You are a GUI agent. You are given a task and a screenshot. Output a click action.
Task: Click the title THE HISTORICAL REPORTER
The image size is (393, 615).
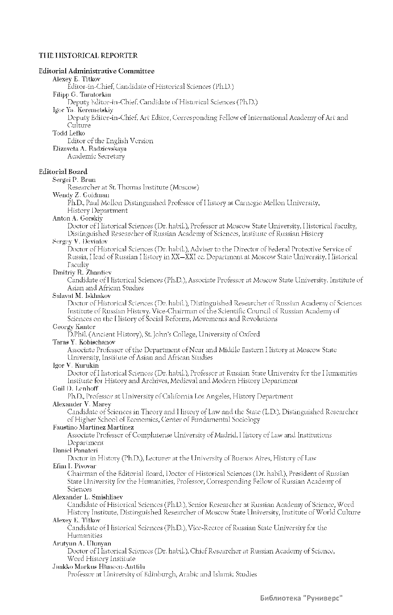pyautogui.click(x=88, y=55)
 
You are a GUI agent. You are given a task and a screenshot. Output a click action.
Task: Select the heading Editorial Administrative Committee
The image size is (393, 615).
pyautogui.click(x=97, y=71)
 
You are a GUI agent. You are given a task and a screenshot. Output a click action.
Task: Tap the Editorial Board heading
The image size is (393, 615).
pyautogui.click(x=63, y=171)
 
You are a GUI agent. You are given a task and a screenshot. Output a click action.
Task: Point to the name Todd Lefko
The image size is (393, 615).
pyautogui.click(x=69, y=133)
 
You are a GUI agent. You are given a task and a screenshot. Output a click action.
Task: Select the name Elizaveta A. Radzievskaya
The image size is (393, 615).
pyautogui.click(x=89, y=148)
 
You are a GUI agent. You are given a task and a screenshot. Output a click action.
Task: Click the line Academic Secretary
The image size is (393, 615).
pyautogui.click(x=96, y=156)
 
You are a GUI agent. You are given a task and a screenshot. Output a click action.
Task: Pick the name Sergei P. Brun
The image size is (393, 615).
pyautogui.click(x=74, y=179)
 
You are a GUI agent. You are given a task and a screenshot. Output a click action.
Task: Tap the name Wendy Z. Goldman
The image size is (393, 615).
pyautogui.click(x=81, y=195)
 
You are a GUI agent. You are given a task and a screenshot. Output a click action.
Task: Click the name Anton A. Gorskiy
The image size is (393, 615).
pyautogui.click(x=78, y=218)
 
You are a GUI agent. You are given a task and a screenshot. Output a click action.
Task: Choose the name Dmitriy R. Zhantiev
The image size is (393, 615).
pyautogui.click(x=82, y=272)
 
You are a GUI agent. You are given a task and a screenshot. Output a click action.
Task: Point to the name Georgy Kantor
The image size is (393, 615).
pyautogui.click(x=74, y=327)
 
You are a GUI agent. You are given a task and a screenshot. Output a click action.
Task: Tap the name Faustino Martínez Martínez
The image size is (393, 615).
pyautogui.click(x=93, y=427)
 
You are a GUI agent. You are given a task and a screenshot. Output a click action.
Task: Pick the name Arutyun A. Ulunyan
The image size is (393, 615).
pyautogui.click(x=82, y=543)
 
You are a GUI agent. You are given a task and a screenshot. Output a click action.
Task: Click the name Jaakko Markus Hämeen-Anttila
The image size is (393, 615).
pyautogui.click(x=99, y=567)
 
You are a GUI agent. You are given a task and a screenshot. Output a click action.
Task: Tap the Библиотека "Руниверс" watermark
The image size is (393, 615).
pyautogui.click(x=301, y=599)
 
